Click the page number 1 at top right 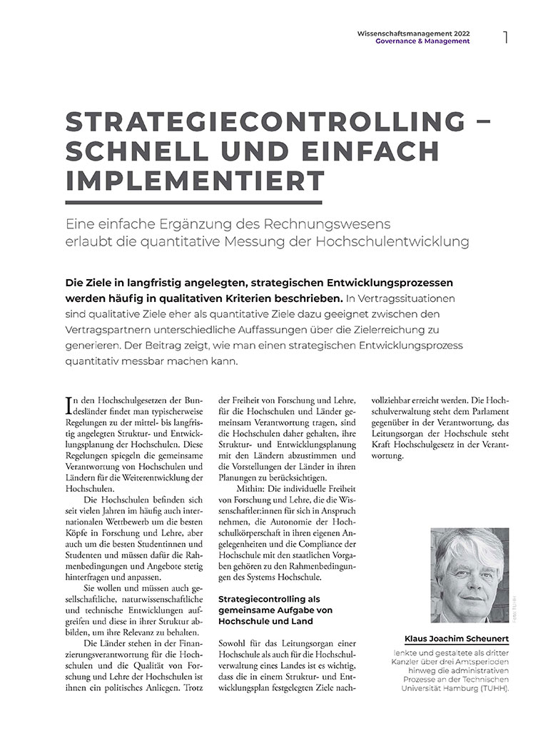pos(505,37)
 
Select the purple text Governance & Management pos(422,41)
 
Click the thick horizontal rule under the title pos(194,201)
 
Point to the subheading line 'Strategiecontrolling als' pos(260,597)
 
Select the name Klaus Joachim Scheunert pos(456,638)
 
